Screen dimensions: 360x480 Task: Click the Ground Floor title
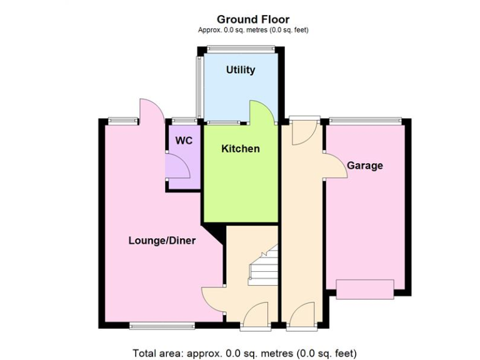[x=253, y=19]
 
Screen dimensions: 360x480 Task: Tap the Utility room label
[x=241, y=70]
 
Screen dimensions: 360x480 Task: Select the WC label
[x=184, y=141]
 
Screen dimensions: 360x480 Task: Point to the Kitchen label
[x=241, y=149]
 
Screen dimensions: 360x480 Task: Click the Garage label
[x=365, y=166]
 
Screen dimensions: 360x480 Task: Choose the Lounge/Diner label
[x=162, y=241]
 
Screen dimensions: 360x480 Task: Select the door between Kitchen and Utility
[x=261, y=112]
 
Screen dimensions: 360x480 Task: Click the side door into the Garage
[x=336, y=166]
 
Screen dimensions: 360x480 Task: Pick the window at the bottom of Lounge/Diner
[x=162, y=325]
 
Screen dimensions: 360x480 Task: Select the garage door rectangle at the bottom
[x=365, y=289]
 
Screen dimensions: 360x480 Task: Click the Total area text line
[x=244, y=352]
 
